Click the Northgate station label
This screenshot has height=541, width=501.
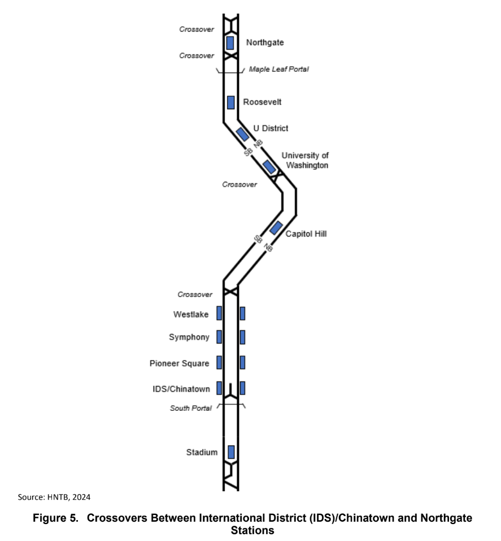pyautogui.click(x=264, y=42)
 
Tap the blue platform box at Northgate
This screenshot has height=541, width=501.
pyautogui.click(x=230, y=42)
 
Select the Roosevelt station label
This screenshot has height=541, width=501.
pyautogui.click(x=262, y=102)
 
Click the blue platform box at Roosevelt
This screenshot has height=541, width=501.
pyautogui.click(x=230, y=102)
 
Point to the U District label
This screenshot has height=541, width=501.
pyautogui.click(x=271, y=128)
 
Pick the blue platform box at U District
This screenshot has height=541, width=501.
pyautogui.click(x=243, y=134)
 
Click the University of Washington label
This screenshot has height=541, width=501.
pyautogui.click(x=305, y=160)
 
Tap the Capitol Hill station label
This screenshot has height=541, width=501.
pyautogui.click(x=306, y=233)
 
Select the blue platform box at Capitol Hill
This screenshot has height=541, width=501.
pyautogui.click(x=276, y=228)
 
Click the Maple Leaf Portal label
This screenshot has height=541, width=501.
pyautogui.click(x=279, y=69)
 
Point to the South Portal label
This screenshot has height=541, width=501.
pyautogui.click(x=191, y=408)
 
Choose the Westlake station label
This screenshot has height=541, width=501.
pyautogui.click(x=191, y=314)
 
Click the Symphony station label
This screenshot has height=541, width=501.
pyautogui.click(x=189, y=337)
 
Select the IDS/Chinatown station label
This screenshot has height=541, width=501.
pyautogui.click(x=180, y=388)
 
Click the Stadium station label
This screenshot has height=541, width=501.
pyautogui.click(x=202, y=452)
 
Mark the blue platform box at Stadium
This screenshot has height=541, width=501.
pyautogui.click(x=230, y=452)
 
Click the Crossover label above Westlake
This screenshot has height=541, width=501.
pyautogui.click(x=195, y=294)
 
